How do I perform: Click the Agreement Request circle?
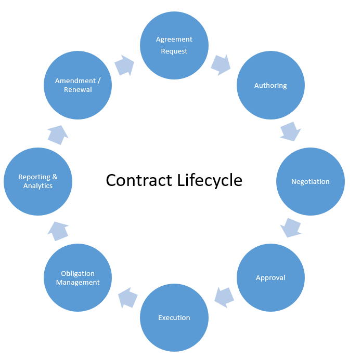pyautogui.click(x=174, y=45)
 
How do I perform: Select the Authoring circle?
pyautogui.click(x=270, y=86)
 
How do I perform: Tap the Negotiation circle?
pyautogui.click(x=311, y=182)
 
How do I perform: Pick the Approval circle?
pyautogui.click(x=270, y=278)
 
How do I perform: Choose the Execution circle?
pyautogui.click(x=174, y=318)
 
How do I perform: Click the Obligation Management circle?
pyautogui.click(x=78, y=278)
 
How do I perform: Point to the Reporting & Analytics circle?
pyautogui.click(x=38, y=182)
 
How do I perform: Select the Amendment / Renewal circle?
pyautogui.click(x=78, y=85)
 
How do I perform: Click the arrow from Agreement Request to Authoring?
pyautogui.click(x=221, y=64)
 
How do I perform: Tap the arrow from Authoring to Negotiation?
pyautogui.click(x=290, y=131)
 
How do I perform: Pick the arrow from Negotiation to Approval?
pyautogui.click(x=291, y=228)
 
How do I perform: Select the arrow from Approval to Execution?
pyautogui.click(x=224, y=297)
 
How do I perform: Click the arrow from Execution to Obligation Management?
pyautogui.click(x=127, y=298)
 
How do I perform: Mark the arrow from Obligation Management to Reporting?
pyautogui.click(x=58, y=231)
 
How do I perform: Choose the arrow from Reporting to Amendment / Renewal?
pyautogui.click(x=58, y=135)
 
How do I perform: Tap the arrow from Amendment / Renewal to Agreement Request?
pyautogui.click(x=124, y=65)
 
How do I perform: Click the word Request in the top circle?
pyautogui.click(x=174, y=51)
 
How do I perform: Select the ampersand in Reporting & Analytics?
pyautogui.click(x=55, y=177)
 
